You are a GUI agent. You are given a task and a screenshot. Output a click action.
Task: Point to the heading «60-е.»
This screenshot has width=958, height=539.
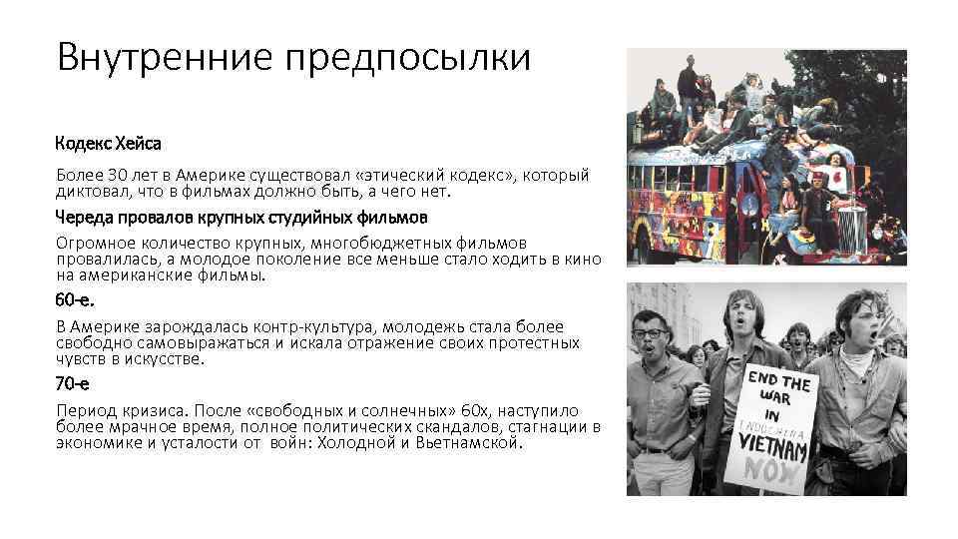tap(78, 300)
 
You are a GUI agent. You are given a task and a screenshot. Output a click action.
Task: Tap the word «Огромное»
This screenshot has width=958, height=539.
tap(93, 244)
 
